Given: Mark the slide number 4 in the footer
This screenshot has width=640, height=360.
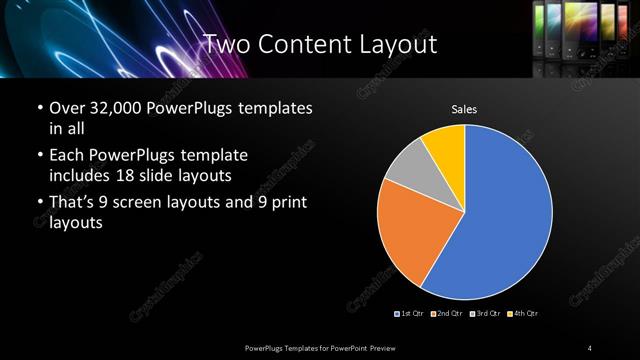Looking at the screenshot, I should pyautogui.click(x=590, y=347).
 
